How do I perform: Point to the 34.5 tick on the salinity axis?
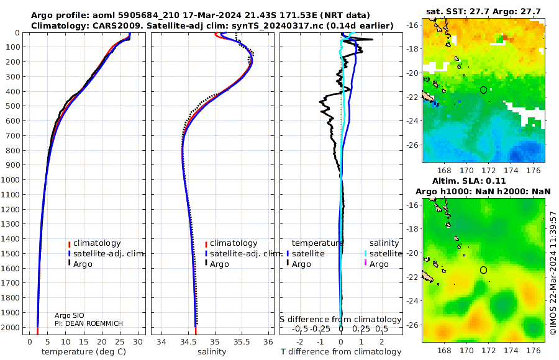[x=188, y=342]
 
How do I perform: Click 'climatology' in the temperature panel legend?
[x=97, y=243]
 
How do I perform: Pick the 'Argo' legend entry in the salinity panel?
[x=219, y=264]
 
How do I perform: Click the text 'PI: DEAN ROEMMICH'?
[x=89, y=323]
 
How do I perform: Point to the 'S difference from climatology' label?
[x=340, y=319]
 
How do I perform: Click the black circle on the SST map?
[x=484, y=90]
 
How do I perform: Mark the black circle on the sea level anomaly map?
[x=484, y=270]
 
